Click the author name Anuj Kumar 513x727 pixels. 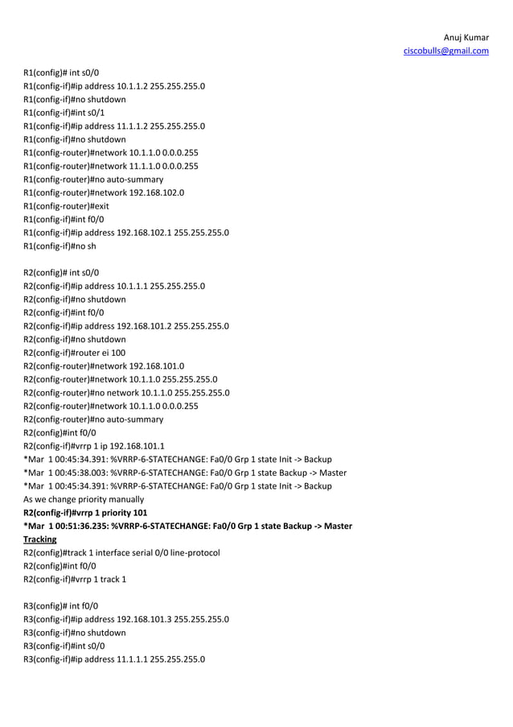tap(466, 38)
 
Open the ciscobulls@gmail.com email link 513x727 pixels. tap(445, 52)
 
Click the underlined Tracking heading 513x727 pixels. tap(39, 539)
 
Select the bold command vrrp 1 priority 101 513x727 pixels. tap(112, 513)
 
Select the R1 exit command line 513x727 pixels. tap(99, 206)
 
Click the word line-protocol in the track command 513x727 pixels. tap(192, 552)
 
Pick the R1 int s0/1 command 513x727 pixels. tap(88, 112)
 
